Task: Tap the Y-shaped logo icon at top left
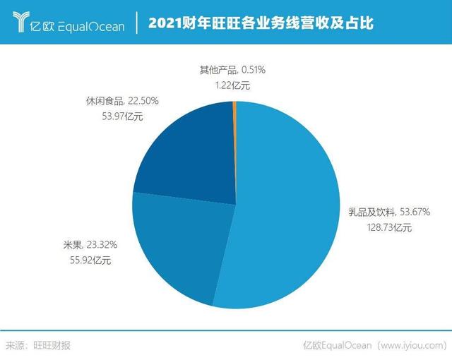pos(20,23)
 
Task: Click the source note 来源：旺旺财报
pos(38,345)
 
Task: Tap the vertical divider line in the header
pos(136,24)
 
